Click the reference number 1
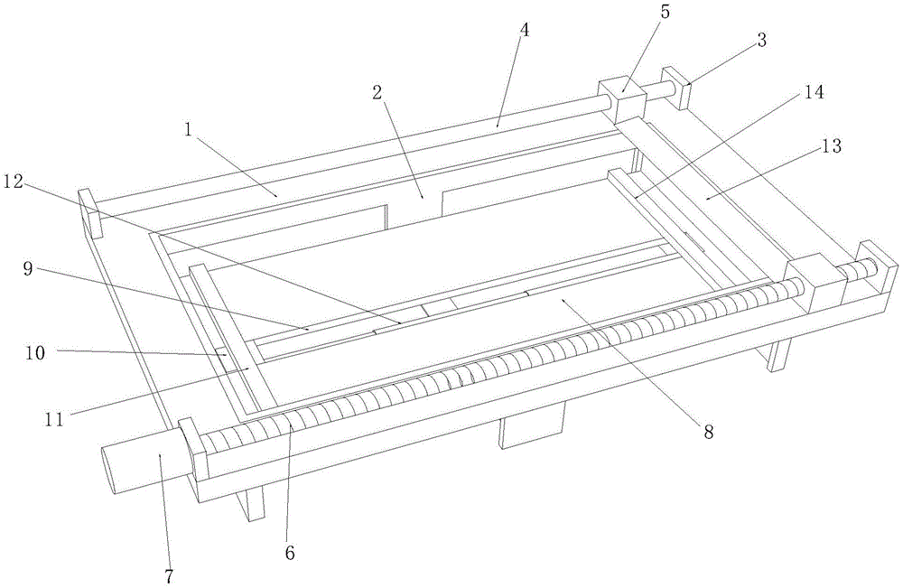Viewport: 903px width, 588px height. pyautogui.click(x=189, y=129)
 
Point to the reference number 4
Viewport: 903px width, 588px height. pyautogui.click(x=525, y=29)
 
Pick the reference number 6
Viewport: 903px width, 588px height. pyautogui.click(x=289, y=553)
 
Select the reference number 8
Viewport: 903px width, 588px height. pyautogui.click(x=708, y=433)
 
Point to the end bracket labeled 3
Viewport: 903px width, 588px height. pyautogui.click(x=675, y=87)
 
